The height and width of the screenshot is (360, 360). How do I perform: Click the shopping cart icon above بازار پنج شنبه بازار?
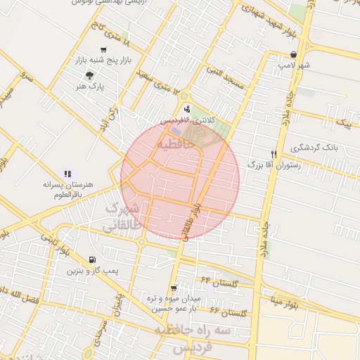coord(103,50)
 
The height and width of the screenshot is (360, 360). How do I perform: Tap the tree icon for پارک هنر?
coord(89,75)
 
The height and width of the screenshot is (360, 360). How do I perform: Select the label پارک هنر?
coord(92,86)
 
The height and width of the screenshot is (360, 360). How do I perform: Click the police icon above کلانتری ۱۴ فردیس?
coord(186,108)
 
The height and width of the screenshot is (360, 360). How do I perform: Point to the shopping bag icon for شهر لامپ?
coord(293,54)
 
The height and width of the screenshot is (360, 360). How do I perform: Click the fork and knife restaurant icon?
coord(274,153)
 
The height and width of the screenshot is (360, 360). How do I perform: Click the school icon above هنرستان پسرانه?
coord(67,173)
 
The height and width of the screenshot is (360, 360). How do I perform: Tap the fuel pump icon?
coord(93,259)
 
